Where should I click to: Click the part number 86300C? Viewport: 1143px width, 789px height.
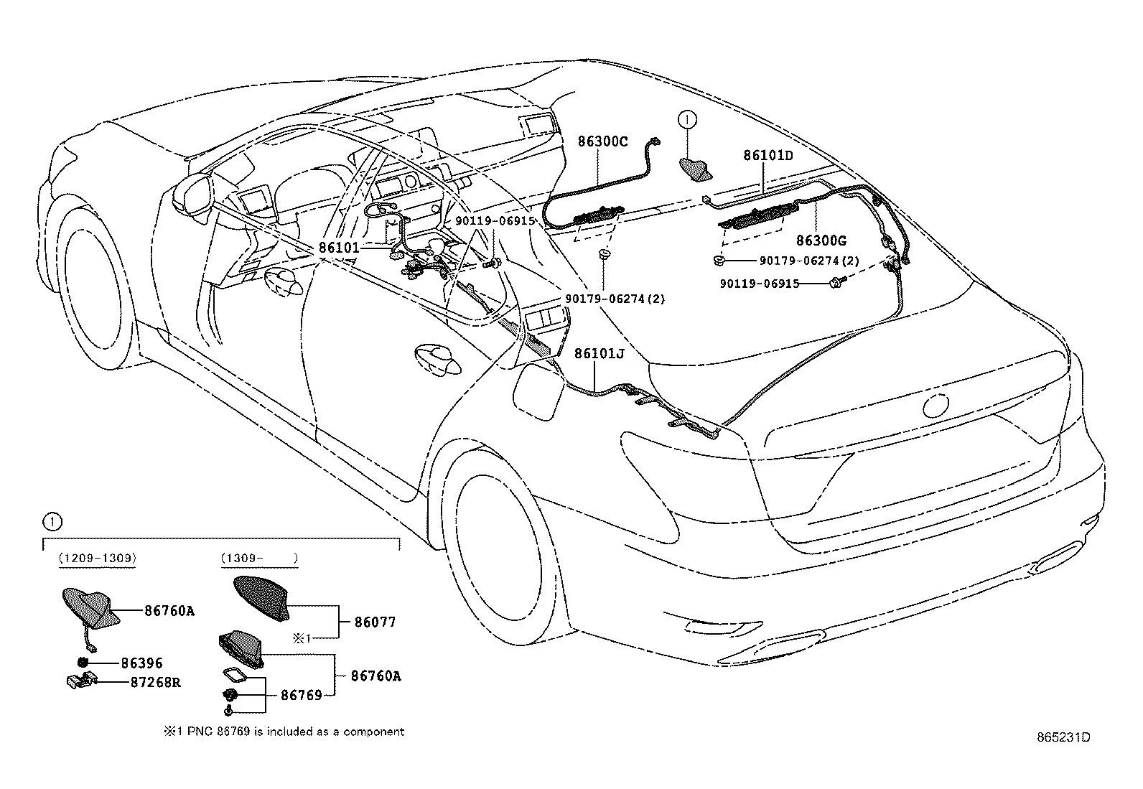tap(602, 141)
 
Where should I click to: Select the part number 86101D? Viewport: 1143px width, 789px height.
tap(768, 155)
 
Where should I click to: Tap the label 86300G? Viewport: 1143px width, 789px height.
tap(821, 240)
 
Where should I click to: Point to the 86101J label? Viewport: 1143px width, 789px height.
tap(599, 353)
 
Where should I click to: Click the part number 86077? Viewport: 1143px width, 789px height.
tap(375, 622)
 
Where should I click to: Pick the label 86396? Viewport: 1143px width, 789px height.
tap(141, 663)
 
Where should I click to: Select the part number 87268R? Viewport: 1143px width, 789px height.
tap(156, 682)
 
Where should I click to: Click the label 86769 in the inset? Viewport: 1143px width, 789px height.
tap(302, 695)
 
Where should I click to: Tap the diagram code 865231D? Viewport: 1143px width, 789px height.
tap(1063, 737)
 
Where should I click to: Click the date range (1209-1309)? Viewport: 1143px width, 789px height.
tap(98, 559)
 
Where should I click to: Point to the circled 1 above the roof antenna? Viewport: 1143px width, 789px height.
tap(687, 120)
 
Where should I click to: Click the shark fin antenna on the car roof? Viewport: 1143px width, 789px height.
tap(695, 169)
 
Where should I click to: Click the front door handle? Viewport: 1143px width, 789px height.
tap(284, 281)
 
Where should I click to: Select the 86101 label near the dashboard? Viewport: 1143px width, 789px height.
tap(339, 248)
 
